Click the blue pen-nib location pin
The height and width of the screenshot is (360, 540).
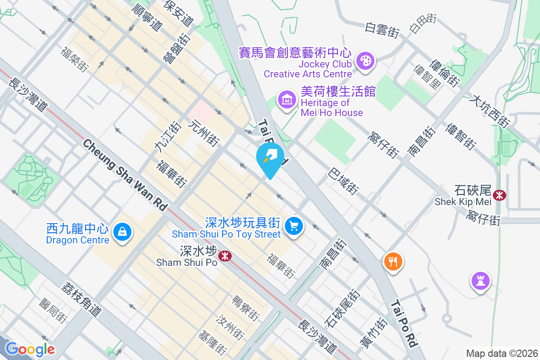pyautogui.click(x=270, y=157)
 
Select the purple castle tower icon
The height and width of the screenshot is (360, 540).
pyautogui.click(x=480, y=281)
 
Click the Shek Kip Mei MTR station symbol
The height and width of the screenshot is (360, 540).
pyautogui.click(x=499, y=195)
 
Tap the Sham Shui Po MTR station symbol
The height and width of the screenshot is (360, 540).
pyautogui.click(x=224, y=256)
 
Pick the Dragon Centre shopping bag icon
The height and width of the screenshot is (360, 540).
pyautogui.click(x=121, y=232)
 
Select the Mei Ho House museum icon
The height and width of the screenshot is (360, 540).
pyautogui.click(x=287, y=99)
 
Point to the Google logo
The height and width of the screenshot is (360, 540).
pyautogui.click(x=30, y=349)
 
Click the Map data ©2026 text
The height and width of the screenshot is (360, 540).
pyautogui.click(x=501, y=353)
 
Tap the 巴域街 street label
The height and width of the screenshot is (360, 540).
pyautogui.click(x=344, y=181)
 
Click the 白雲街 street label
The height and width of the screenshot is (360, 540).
pyautogui.click(x=382, y=30)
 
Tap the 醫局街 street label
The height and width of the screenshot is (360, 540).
pyautogui.click(x=54, y=311)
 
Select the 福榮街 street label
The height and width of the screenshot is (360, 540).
pyautogui.click(x=74, y=58)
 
